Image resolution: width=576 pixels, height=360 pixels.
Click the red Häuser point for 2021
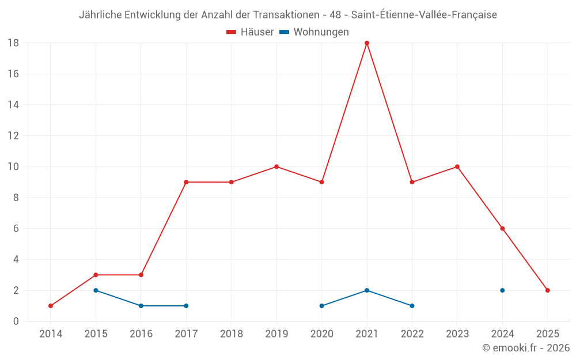point(367,43)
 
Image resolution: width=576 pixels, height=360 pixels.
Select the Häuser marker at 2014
point(51,306)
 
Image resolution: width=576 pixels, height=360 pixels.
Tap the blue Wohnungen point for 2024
point(502,290)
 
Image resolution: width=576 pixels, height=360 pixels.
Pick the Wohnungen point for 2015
point(96,290)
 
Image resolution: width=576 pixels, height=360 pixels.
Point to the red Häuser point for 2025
point(548,290)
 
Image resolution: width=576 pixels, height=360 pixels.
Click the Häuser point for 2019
point(276,167)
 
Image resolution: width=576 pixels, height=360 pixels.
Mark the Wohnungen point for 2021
point(367,290)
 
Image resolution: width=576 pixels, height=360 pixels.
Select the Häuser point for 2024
point(502,229)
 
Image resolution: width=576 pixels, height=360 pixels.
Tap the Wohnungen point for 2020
point(321,306)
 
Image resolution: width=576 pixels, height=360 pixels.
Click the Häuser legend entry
point(250,32)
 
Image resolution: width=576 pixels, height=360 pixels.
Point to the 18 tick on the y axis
point(13,43)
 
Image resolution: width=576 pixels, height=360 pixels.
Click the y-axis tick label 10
point(13,167)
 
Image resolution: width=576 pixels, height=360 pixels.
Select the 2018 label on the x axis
point(232,334)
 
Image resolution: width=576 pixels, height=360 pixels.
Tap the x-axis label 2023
point(457,334)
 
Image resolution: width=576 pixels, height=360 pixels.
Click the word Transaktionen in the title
point(286,15)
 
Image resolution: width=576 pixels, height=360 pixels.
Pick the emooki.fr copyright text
point(526,348)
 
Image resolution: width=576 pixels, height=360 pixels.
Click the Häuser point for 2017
point(186,182)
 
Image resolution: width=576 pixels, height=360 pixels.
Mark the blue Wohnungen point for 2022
point(412,306)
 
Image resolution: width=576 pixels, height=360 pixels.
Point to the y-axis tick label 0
point(16,321)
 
